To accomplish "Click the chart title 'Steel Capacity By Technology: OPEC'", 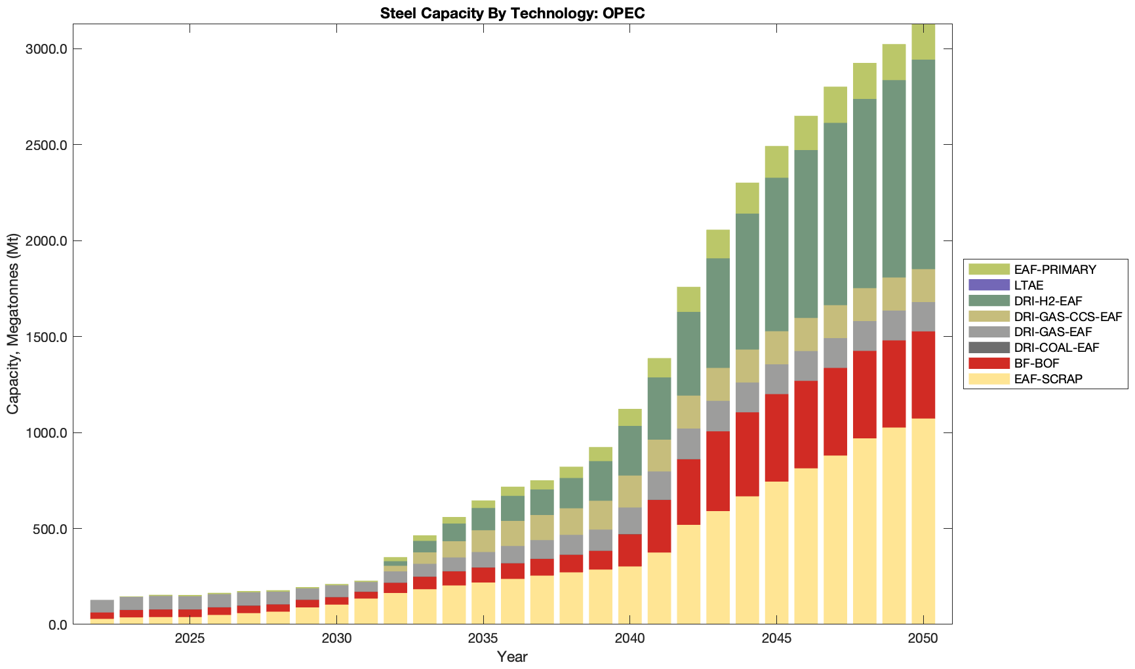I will [512, 13].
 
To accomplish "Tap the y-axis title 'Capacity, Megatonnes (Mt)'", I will [13, 324].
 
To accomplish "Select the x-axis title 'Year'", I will [512, 657].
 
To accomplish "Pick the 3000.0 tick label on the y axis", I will [46, 49].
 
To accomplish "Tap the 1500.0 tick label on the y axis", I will [46, 337].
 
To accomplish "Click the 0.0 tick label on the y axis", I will [56, 624].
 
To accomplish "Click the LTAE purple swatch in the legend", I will [988, 285].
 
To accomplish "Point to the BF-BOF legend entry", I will [1036, 363].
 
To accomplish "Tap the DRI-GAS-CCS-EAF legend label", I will [1067, 316].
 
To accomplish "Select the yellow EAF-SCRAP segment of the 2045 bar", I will [776, 553].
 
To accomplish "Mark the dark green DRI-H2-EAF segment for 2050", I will [923, 164].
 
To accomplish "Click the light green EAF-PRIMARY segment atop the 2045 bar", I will [776, 162].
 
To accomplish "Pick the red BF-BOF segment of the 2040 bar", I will [629, 550].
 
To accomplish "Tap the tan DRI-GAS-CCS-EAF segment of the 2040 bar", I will [629, 491].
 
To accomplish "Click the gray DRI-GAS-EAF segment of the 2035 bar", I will [483, 560].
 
